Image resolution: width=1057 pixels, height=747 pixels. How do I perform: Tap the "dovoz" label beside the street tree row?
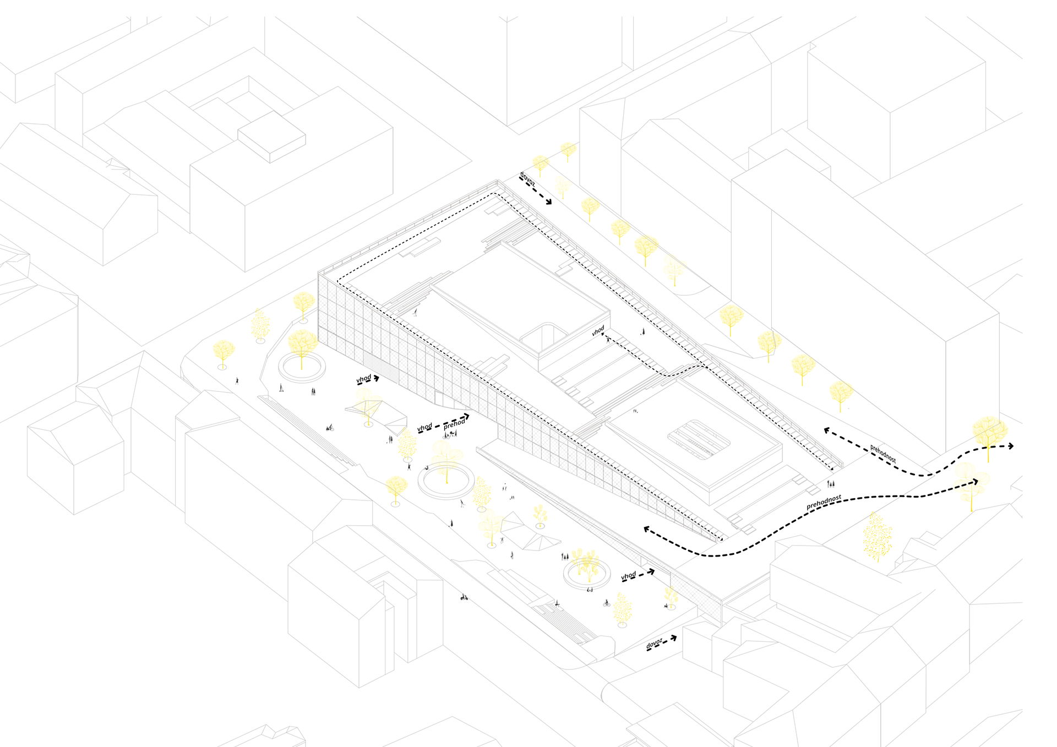[x=527, y=178]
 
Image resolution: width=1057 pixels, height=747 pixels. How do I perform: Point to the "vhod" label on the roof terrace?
[x=598, y=330]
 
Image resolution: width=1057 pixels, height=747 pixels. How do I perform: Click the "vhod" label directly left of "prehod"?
[x=424, y=427]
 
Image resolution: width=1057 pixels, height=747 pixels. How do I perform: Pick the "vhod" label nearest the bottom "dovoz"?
[x=628, y=576]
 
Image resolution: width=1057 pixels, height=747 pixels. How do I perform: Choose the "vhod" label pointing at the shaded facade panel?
[x=363, y=379]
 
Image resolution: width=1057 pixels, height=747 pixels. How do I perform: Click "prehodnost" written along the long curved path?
[x=824, y=502]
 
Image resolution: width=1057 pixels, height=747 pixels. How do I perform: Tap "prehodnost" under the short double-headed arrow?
[x=882, y=453]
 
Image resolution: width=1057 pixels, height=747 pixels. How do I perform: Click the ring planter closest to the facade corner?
[x=301, y=367]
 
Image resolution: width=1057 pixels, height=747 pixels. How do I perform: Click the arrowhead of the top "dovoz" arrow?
[x=548, y=202]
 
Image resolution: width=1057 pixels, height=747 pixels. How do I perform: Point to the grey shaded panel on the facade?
[x=380, y=368]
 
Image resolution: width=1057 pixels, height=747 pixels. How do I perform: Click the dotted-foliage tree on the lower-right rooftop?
[x=876, y=537]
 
